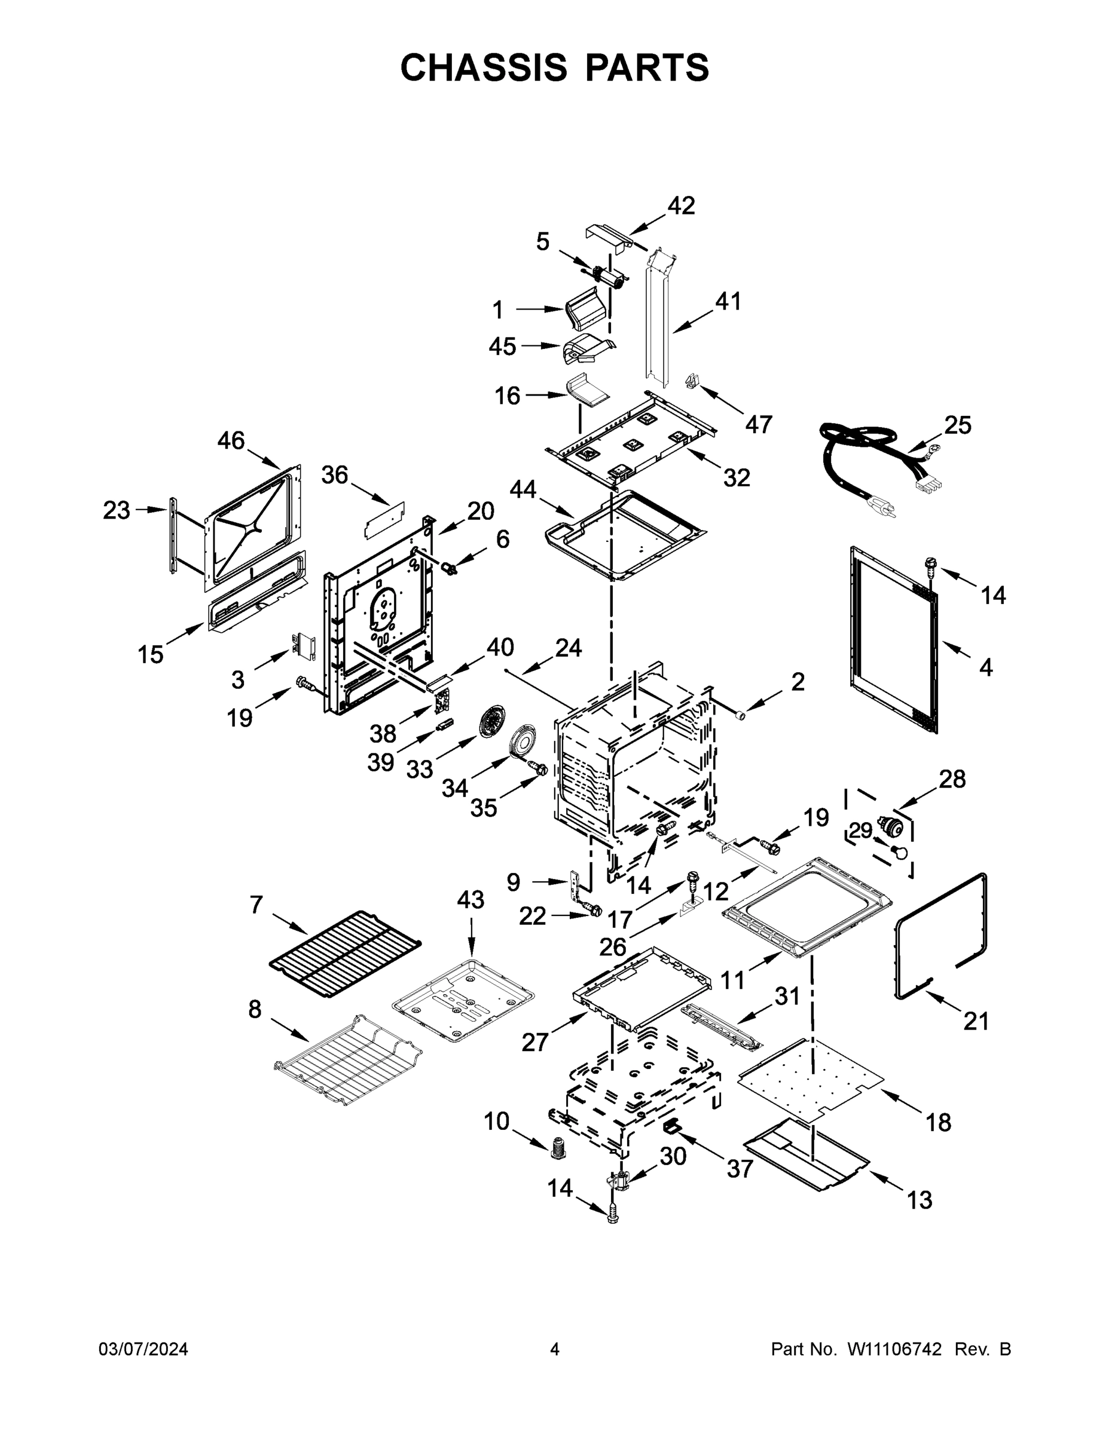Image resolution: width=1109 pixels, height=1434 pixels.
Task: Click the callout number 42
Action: point(682,206)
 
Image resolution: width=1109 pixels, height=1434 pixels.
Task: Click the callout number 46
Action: point(231,440)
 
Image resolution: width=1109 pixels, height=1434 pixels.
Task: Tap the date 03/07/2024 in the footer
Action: point(143,1349)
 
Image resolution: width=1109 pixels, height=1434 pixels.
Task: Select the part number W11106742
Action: point(894,1349)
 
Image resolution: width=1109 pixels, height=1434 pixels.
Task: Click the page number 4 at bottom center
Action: point(555,1349)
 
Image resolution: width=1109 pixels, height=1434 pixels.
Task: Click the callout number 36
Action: point(334,475)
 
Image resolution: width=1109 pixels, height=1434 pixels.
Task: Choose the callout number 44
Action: point(523,489)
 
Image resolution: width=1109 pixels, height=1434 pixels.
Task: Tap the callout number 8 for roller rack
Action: point(255,1009)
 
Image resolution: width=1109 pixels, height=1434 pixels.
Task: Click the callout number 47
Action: point(758,424)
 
